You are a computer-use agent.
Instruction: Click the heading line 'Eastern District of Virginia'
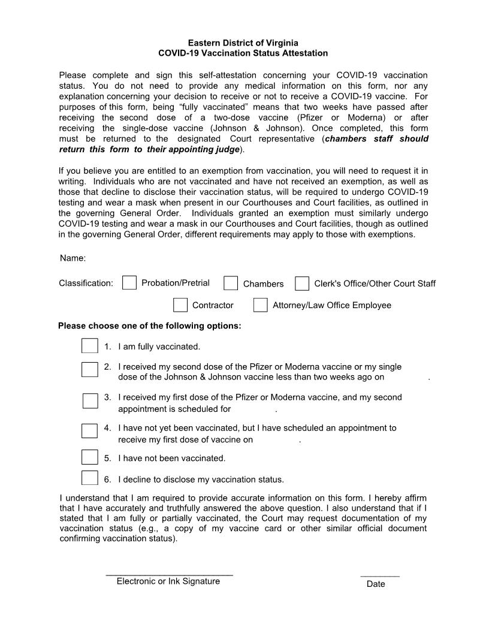[243, 43]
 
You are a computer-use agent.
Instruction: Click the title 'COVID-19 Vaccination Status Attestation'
[243, 53]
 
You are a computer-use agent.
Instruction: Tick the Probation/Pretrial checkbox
[129, 283]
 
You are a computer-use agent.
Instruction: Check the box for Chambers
[231, 284]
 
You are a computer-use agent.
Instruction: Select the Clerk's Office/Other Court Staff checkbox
[303, 284]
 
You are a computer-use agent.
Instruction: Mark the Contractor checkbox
[180, 305]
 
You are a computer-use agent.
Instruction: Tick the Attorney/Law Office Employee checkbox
[261, 305]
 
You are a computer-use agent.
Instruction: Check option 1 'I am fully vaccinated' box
[90, 346]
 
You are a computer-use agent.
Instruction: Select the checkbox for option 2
[90, 369]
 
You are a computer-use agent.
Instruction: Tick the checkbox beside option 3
[90, 400]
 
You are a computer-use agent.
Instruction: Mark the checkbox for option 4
[90, 431]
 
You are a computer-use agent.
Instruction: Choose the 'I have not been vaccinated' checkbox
[90, 457]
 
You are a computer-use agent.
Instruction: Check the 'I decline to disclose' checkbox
[90, 478]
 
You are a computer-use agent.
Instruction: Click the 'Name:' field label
[73, 258]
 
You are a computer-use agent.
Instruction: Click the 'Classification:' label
[86, 284]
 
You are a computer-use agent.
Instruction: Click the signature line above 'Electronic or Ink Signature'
[169, 574]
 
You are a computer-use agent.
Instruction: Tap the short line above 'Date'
[380, 575]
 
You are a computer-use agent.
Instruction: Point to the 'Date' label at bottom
[376, 584]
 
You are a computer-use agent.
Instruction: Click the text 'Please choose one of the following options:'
[150, 326]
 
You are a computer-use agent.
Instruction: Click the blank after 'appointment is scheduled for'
[253, 409]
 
